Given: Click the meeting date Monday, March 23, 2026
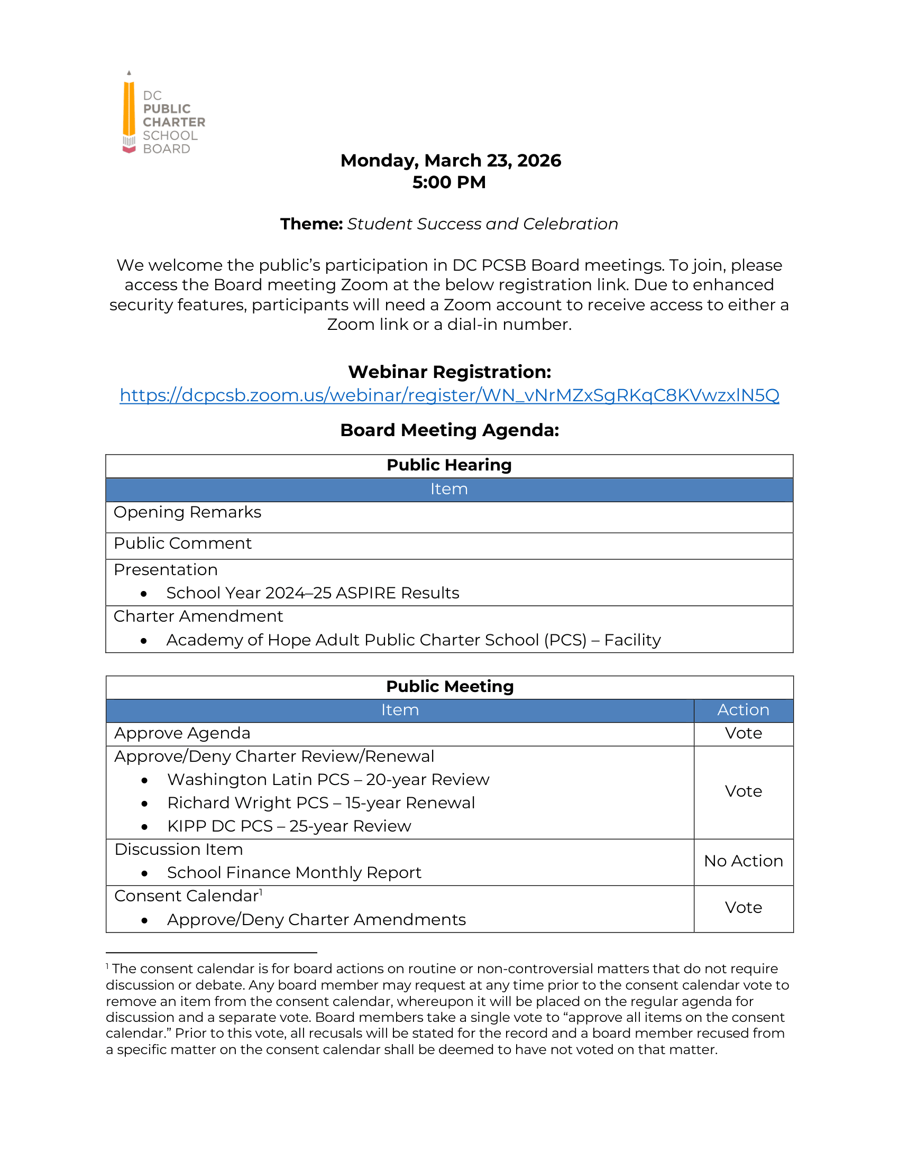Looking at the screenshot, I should (450, 161).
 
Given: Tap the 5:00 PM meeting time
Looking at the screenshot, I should (449, 183).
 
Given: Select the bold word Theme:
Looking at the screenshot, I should (311, 224).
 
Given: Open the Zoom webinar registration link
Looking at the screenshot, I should (449, 395).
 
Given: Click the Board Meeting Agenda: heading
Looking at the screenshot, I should (449, 430).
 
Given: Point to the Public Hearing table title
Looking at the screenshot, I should (449, 465).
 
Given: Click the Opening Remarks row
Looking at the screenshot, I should (188, 512).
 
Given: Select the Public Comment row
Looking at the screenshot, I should (182, 543).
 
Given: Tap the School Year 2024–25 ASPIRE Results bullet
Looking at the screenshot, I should (313, 593).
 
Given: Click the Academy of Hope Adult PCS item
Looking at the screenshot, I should (414, 640).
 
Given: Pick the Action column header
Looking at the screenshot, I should (743, 710).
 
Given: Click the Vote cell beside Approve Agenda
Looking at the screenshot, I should (743, 734).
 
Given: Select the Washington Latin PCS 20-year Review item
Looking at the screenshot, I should (328, 780).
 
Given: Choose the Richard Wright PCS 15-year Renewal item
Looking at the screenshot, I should (320, 803).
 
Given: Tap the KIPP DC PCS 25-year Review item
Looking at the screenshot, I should (289, 826).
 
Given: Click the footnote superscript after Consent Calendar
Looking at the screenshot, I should (261, 892).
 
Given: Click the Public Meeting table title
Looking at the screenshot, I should (449, 687).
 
